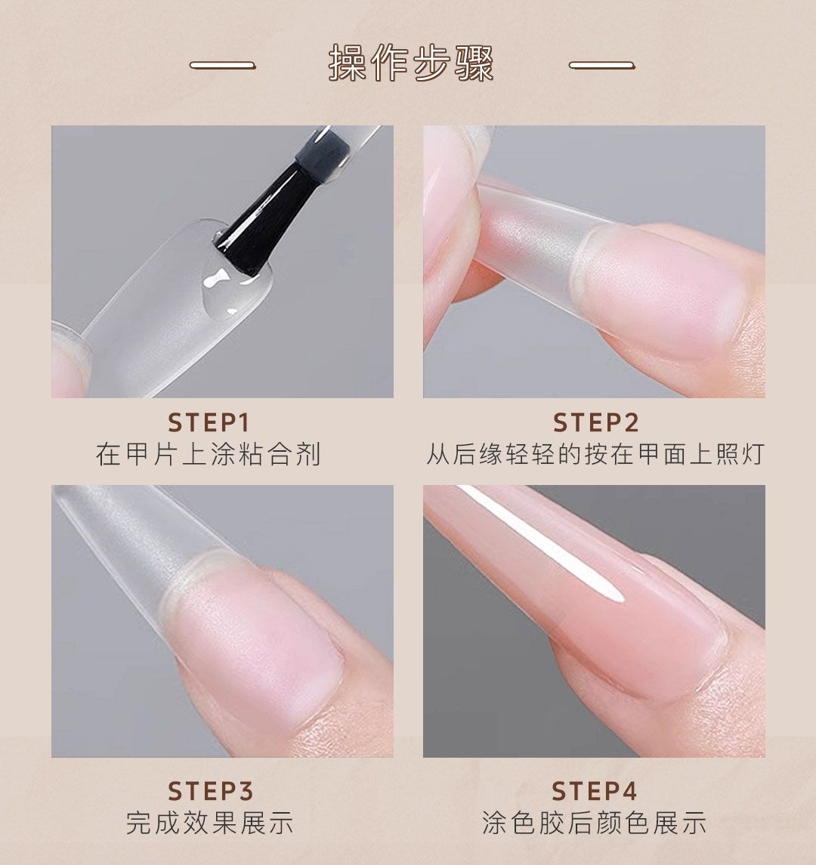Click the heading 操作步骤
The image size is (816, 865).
click(410, 63)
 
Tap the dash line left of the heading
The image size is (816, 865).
click(222, 65)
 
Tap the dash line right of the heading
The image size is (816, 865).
click(602, 65)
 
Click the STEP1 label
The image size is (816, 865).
click(209, 423)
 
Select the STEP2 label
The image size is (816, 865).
click(596, 423)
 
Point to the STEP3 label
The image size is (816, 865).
click(210, 791)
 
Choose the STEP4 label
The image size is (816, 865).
click(595, 791)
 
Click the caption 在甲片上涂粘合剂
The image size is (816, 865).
click(208, 455)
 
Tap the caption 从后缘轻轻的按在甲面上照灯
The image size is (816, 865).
click(595, 455)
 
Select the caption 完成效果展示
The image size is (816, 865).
click(209, 823)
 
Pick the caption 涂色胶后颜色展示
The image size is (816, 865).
click(594, 823)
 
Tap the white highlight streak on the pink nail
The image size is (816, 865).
click(541, 543)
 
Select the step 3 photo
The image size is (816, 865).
click(222, 621)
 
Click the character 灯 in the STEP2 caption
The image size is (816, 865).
click(752, 455)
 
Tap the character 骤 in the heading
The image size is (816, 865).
click(474, 63)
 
